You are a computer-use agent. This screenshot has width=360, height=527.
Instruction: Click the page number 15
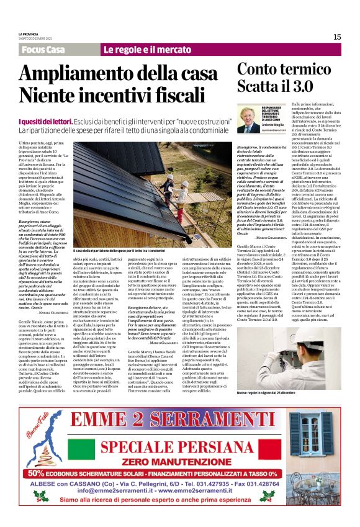(x=337, y=37)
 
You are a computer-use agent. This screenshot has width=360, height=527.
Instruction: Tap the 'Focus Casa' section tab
(x=43, y=50)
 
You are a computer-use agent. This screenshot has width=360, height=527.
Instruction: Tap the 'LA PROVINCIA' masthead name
(x=29, y=34)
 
